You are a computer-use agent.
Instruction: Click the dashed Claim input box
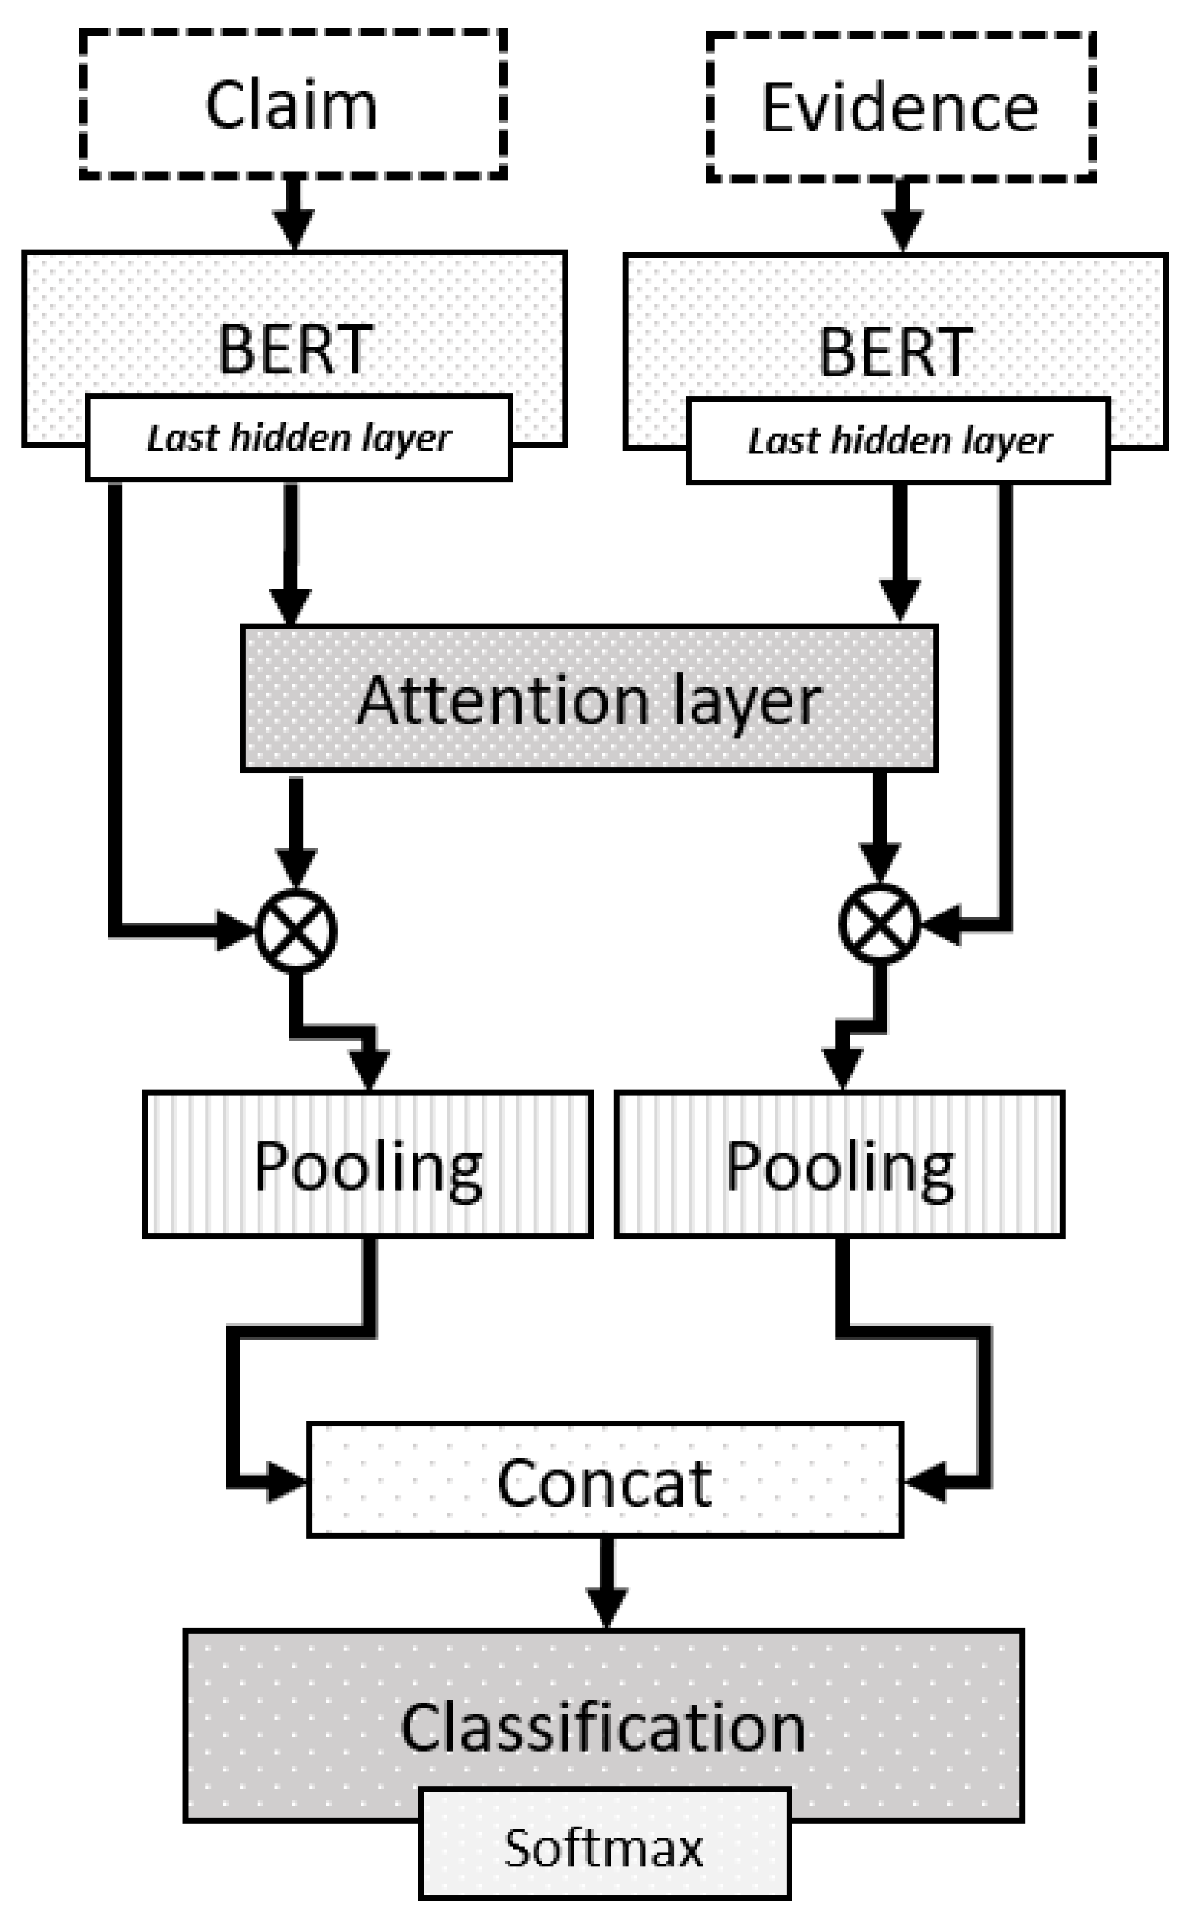coord(292,104)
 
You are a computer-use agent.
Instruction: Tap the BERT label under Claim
coord(294,349)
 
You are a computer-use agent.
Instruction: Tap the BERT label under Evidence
coord(895,352)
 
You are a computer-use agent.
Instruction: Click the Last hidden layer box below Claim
coord(299,438)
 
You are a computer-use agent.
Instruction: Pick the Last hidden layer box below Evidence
coord(899,441)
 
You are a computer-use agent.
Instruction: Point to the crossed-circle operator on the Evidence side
coord(879,924)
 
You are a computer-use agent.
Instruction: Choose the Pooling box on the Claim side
coord(368,1165)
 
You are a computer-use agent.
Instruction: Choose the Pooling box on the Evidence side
coord(839,1165)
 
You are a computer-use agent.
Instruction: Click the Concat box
coord(604,1483)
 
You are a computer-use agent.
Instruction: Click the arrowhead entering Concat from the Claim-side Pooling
coord(284,1482)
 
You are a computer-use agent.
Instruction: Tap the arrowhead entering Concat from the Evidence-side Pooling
coord(925,1481)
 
